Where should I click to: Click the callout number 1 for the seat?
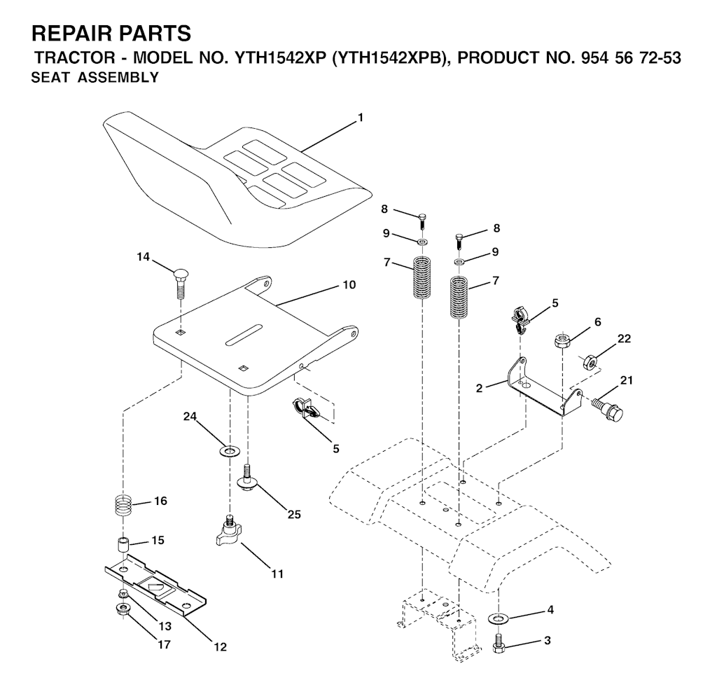coord(361,118)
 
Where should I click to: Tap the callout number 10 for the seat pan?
coord(349,285)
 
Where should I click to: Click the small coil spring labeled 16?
coord(123,506)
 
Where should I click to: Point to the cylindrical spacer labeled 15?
coord(122,546)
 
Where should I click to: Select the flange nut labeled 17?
coord(123,609)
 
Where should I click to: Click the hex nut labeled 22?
coord(590,362)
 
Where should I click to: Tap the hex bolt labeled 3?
coord(498,643)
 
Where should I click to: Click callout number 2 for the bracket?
coord(479,389)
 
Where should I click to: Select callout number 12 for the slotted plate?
coord(221,647)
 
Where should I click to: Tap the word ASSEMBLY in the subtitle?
coord(118,78)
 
